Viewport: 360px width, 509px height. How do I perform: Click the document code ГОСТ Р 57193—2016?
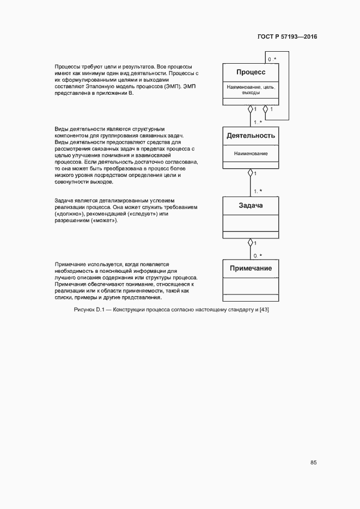click(x=287, y=37)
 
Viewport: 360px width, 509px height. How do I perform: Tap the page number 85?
click(x=314, y=463)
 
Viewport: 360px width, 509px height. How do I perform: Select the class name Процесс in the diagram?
click(x=251, y=72)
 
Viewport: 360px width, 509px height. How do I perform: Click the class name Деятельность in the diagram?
click(x=251, y=136)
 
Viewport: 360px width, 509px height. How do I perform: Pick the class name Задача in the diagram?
click(x=251, y=205)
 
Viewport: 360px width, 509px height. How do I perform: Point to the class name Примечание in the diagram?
click(x=251, y=268)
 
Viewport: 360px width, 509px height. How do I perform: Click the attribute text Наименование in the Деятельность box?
click(x=251, y=154)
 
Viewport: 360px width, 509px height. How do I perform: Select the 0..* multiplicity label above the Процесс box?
click(x=272, y=59)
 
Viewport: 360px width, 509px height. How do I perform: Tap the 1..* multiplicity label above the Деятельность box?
click(x=258, y=122)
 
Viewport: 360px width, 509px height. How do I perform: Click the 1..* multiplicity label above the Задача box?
click(x=258, y=191)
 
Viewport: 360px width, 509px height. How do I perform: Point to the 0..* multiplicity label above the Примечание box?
click(x=258, y=255)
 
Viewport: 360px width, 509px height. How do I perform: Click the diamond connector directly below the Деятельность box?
click(x=251, y=173)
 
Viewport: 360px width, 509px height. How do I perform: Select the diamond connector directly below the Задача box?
click(x=251, y=242)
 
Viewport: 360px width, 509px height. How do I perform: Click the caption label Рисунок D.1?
click(x=88, y=310)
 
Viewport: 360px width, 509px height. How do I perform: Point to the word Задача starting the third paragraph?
click(x=64, y=201)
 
